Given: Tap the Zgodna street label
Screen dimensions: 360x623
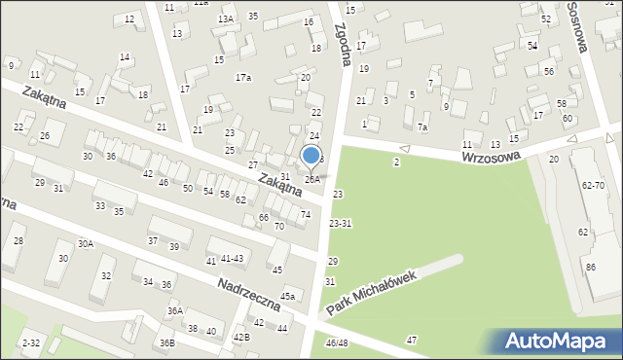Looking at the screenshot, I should tap(343, 46).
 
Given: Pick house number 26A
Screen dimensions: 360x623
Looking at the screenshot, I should tap(311, 179).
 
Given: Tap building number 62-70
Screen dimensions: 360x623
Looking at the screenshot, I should tap(593, 184).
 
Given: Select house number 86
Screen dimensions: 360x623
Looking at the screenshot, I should tap(590, 266).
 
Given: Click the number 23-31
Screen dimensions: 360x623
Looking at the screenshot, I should tap(340, 224).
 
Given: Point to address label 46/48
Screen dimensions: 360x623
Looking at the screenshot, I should tap(336, 342).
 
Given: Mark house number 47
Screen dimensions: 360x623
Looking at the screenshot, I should tap(412, 340).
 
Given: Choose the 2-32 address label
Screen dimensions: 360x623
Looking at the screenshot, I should tap(31, 342).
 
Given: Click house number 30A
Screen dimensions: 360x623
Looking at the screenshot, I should tap(86, 243).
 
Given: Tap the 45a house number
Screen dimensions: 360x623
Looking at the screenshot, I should tap(288, 296).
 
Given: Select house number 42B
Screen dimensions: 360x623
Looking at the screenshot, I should tap(240, 337).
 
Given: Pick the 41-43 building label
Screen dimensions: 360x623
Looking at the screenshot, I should tap(232, 258).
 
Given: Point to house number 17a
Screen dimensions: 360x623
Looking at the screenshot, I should tap(242, 78).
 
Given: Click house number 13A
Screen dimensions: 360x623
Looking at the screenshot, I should tap(225, 19).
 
